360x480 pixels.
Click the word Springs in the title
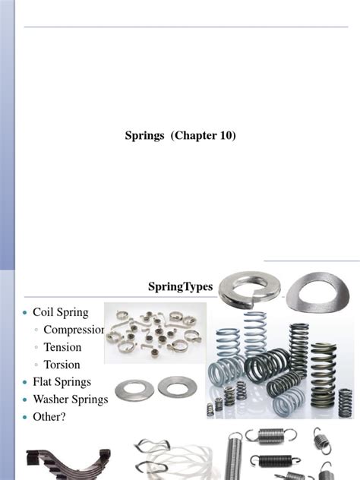[145, 136]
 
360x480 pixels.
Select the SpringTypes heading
[181, 286]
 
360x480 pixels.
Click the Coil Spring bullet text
[61, 312]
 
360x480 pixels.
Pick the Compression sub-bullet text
[74, 330]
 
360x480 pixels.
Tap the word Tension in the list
[62, 347]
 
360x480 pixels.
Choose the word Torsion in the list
[62, 365]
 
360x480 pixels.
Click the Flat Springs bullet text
[62, 382]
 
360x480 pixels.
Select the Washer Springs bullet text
[71, 399]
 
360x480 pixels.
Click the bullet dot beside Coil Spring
[27, 313]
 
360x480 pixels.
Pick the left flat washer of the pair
[135, 388]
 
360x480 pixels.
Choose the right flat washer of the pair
[177, 388]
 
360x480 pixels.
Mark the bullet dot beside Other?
[27, 418]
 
